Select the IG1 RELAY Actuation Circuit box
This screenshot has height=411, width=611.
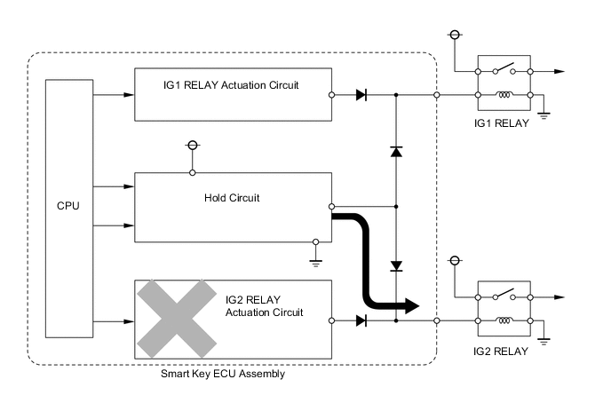point(231,94)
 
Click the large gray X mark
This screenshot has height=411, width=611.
point(176,319)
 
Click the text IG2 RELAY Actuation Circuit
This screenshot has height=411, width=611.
point(264,307)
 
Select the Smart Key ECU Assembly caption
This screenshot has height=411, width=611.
point(223,375)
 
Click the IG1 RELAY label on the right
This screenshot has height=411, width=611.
point(503,123)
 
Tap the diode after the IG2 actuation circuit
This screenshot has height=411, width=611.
point(361,320)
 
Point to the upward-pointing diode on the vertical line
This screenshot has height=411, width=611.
point(396,152)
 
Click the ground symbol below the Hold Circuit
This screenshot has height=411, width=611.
point(315,259)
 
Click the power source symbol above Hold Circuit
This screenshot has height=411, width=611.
point(192,146)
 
